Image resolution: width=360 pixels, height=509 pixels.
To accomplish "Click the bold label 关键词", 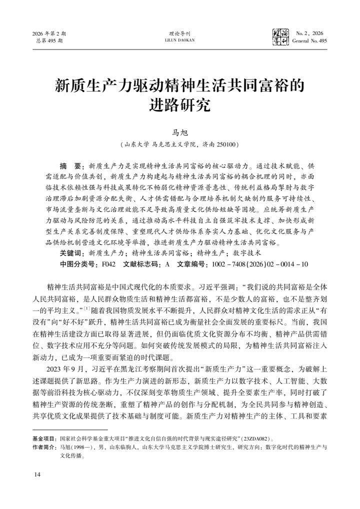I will [72, 253].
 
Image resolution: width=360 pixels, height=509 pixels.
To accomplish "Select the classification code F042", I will [109, 263].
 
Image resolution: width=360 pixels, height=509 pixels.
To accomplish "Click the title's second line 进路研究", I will [179, 105].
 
